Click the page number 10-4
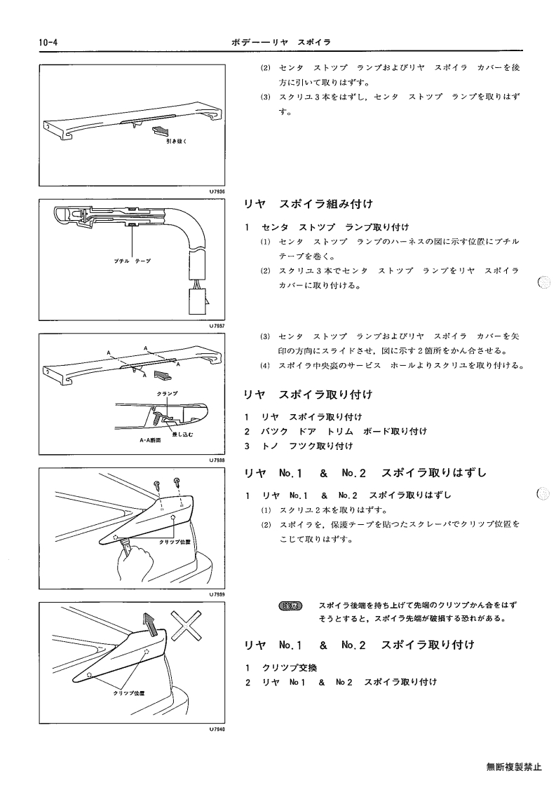pos(48,43)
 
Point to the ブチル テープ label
pos(132,261)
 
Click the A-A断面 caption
pos(151,440)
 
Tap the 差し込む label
pos(182,434)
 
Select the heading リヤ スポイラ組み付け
pos(308,204)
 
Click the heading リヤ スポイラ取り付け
pos(308,395)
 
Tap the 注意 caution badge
pos(290,605)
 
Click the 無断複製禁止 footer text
pos(514,767)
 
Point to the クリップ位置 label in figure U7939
pos(175,542)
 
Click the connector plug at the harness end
pos(198,300)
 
